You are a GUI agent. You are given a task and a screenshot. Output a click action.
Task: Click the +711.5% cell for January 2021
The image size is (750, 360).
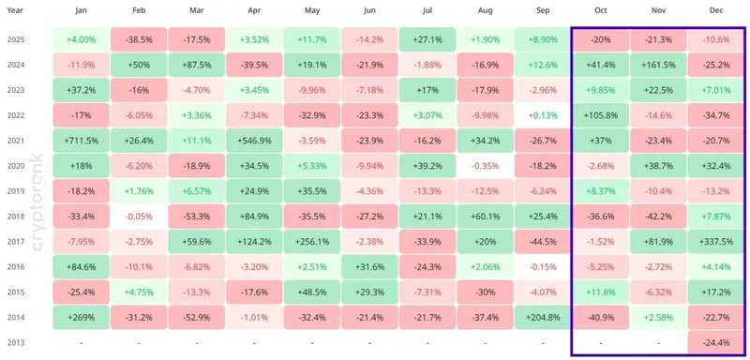point(81,141)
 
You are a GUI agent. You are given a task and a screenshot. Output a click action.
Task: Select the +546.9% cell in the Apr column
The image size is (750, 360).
point(254,141)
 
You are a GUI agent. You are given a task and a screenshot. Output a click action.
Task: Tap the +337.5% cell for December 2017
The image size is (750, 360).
point(716,242)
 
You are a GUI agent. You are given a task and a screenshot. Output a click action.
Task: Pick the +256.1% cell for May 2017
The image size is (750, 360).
point(311,242)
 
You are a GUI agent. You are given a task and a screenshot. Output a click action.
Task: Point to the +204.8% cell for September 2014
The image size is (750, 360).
point(543,318)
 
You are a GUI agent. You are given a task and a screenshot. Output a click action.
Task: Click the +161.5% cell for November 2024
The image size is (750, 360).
point(658,65)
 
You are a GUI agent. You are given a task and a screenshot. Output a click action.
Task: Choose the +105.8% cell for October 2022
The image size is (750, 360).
point(600,115)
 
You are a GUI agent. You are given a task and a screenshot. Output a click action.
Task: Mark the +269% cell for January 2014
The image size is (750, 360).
point(81,318)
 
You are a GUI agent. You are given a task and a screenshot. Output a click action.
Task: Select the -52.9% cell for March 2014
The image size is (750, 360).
point(196,318)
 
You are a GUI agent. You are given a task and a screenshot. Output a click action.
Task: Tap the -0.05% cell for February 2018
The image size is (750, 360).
point(139,217)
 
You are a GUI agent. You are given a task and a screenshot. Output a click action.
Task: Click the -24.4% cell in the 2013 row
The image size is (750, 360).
point(716,342)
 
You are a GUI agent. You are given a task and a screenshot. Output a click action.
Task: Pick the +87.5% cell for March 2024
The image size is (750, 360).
point(196,65)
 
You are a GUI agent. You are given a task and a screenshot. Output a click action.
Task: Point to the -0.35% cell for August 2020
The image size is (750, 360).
point(485,166)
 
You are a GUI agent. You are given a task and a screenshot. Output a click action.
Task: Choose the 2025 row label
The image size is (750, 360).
point(16,39)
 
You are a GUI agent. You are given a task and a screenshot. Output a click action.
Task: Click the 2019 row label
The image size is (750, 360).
point(16,191)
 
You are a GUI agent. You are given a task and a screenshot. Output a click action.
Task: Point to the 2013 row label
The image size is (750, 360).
point(16,342)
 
